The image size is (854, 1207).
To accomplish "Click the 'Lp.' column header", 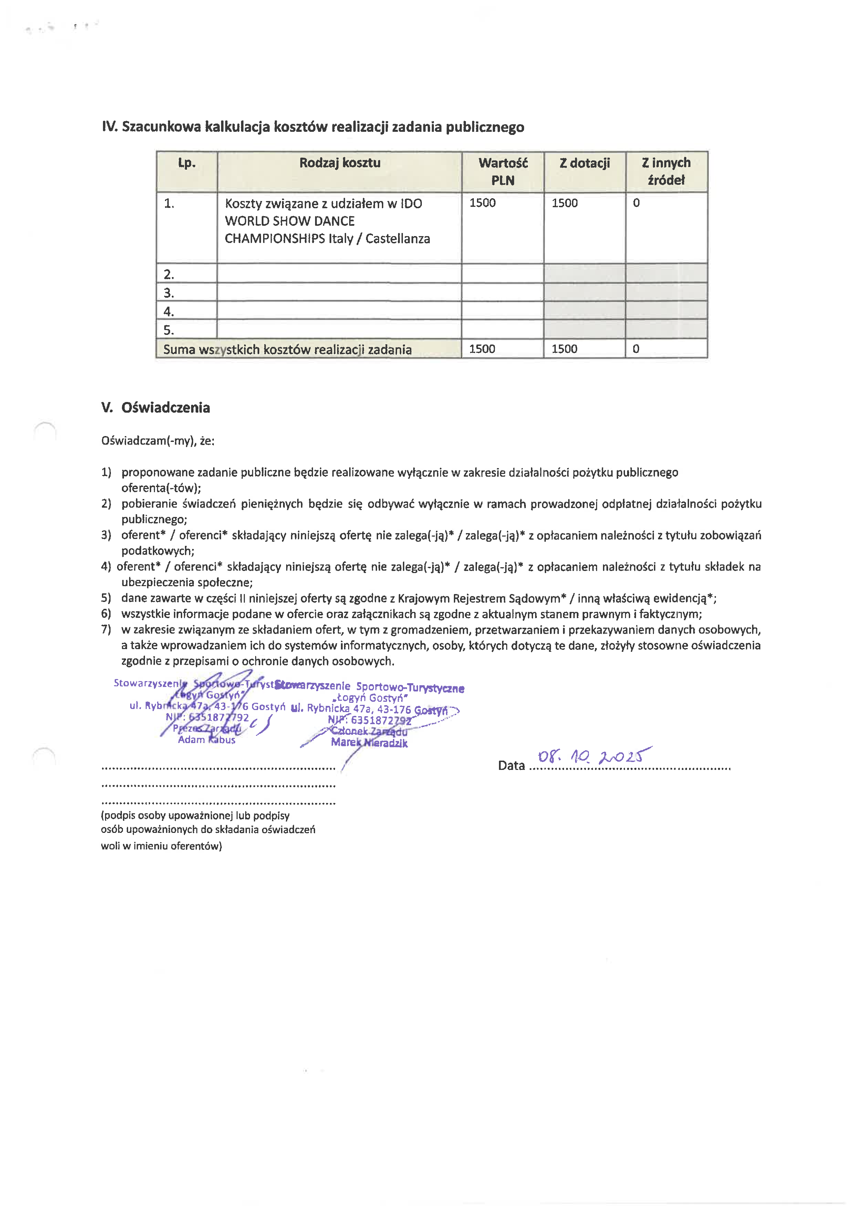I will click(x=187, y=163).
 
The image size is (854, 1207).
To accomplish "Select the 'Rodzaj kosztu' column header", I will click(x=340, y=163).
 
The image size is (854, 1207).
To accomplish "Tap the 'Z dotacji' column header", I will click(x=584, y=163).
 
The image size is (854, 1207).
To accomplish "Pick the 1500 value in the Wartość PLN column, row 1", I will click(x=482, y=203).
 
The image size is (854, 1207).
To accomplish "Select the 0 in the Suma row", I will click(x=636, y=349).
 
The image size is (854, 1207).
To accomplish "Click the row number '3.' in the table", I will click(x=169, y=293).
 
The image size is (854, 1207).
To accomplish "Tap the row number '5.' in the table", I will click(x=169, y=330).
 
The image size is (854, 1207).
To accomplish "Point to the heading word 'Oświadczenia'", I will click(x=166, y=407).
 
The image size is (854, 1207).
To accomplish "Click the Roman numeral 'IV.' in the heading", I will click(x=110, y=127).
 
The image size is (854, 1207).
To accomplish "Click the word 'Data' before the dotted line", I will click(x=511, y=765).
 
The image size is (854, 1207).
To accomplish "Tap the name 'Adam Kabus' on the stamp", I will click(x=207, y=740).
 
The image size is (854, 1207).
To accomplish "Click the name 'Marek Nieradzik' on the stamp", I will click(x=369, y=742).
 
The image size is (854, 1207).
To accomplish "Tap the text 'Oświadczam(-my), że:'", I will click(x=158, y=441).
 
